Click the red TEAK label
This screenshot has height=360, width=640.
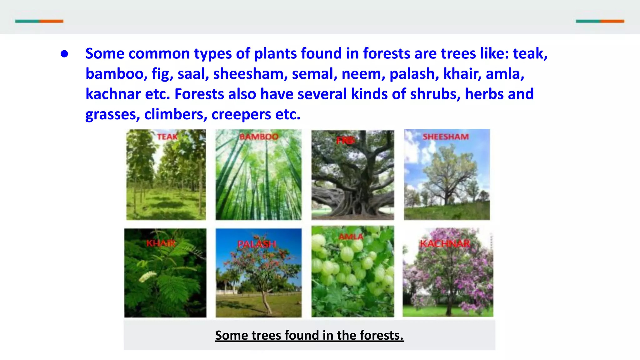(x=167, y=137)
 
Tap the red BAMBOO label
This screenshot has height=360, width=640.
(x=259, y=137)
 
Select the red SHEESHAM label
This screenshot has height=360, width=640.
(x=446, y=137)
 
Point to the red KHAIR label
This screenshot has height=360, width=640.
(x=161, y=243)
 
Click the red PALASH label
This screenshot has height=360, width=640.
(x=257, y=244)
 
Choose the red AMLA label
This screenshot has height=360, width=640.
(x=351, y=237)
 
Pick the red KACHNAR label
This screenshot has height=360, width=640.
(x=445, y=243)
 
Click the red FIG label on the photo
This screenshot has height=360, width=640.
(x=345, y=141)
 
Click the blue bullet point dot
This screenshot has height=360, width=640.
(x=64, y=54)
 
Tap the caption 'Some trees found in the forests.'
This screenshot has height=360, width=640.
(x=309, y=335)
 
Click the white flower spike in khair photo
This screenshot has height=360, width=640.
(x=148, y=276)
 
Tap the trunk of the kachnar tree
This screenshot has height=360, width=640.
(x=449, y=308)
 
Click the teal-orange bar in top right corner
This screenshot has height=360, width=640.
(x=600, y=21)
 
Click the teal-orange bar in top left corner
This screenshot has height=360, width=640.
(x=39, y=21)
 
